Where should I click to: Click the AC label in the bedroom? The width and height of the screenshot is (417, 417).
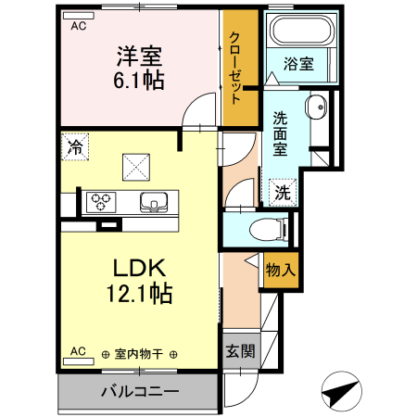(79, 26)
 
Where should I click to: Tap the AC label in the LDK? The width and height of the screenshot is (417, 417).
(79, 351)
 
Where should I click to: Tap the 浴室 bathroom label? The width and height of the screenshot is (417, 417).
(298, 65)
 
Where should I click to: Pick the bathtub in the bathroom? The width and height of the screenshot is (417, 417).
(297, 34)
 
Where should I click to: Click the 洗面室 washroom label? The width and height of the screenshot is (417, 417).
(280, 133)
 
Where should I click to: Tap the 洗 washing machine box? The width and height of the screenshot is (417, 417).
(281, 192)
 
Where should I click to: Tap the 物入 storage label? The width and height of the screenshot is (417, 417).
(280, 271)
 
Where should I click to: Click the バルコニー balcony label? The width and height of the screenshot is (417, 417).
(139, 390)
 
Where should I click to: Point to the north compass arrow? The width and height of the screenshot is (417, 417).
(342, 391)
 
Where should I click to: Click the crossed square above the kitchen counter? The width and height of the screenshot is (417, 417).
(137, 167)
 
